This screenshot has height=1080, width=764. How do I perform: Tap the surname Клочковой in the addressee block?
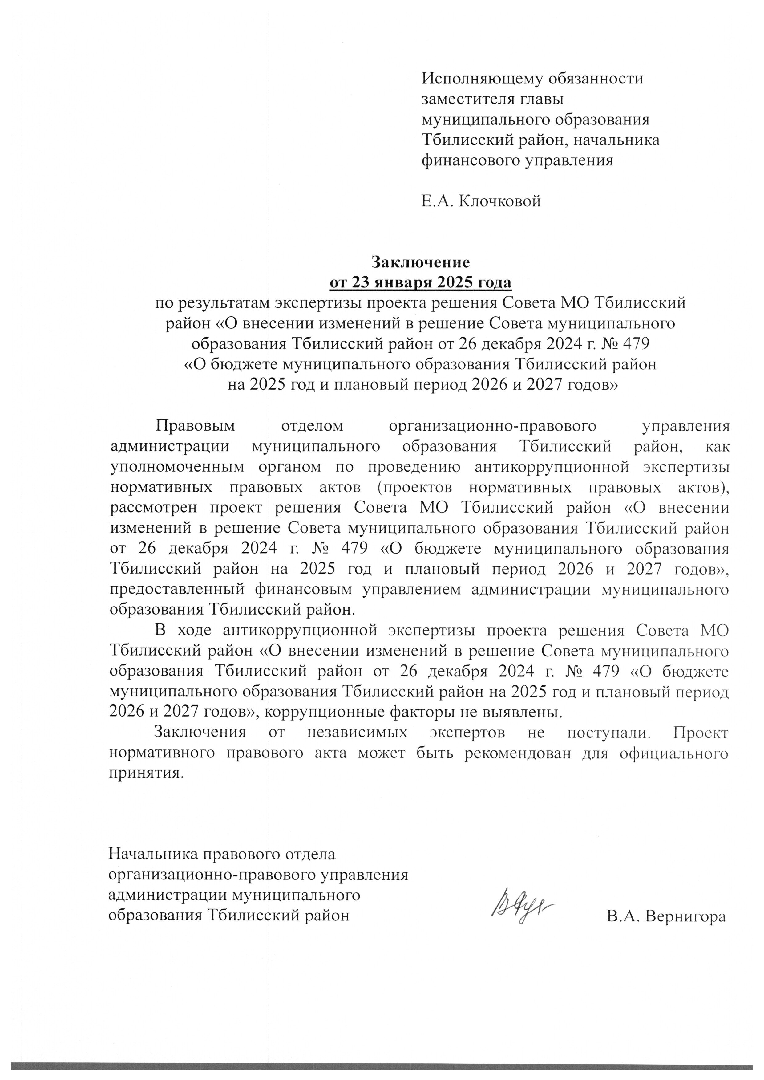coord(499,201)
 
